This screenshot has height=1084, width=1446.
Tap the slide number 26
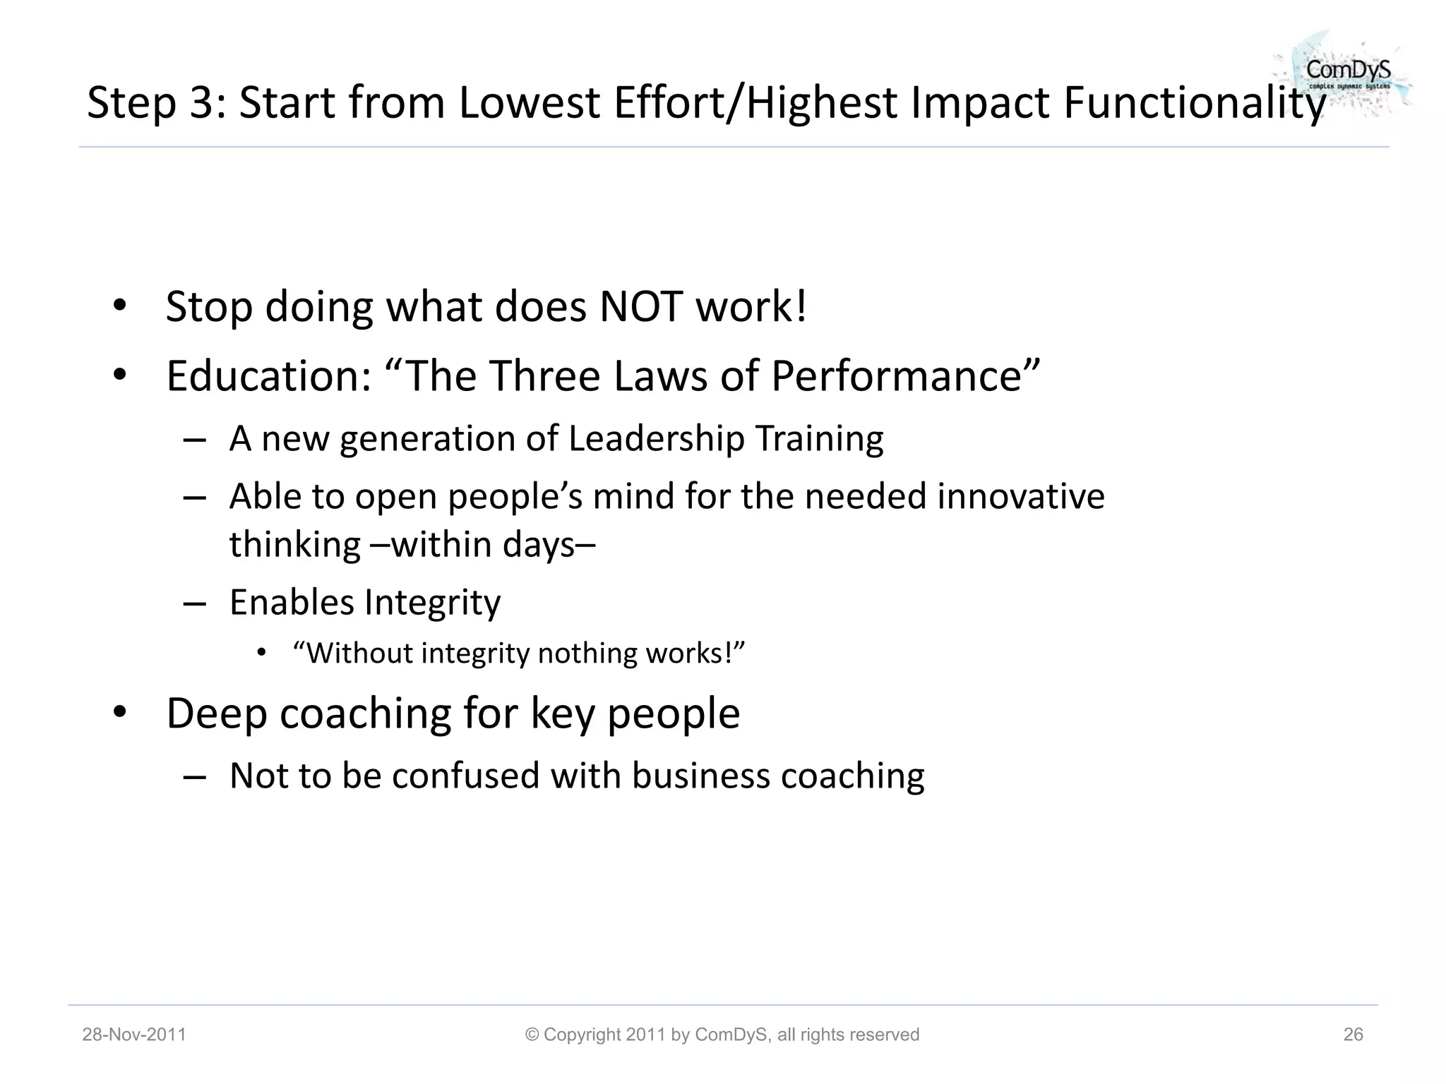click(1353, 1035)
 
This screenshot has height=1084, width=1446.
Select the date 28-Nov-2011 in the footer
click(134, 1035)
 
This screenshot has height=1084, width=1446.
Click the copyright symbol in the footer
click(532, 1035)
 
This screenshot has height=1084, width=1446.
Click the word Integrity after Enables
click(432, 603)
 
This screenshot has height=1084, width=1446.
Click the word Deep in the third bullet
click(216, 713)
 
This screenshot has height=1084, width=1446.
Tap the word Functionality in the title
click(1194, 102)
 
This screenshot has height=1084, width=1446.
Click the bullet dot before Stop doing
click(119, 306)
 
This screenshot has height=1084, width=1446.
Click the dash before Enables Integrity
click(194, 603)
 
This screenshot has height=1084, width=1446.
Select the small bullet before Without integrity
click(262, 653)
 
